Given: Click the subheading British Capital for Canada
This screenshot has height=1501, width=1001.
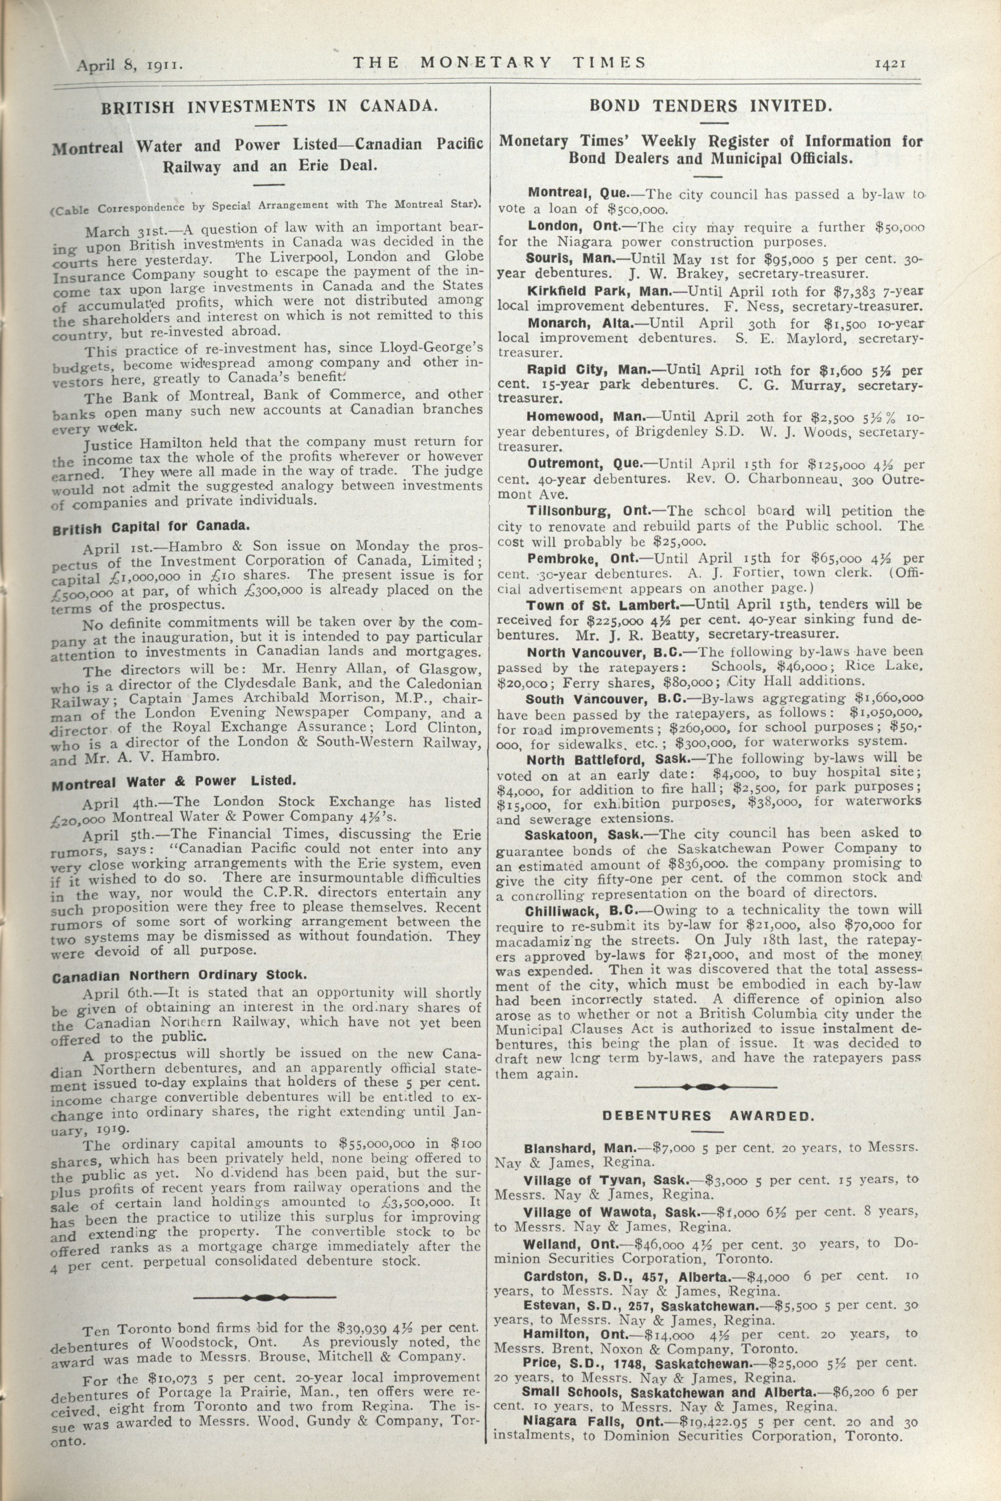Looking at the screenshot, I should (150, 527).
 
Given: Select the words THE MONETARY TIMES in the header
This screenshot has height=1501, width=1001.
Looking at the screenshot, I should (500, 63).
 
